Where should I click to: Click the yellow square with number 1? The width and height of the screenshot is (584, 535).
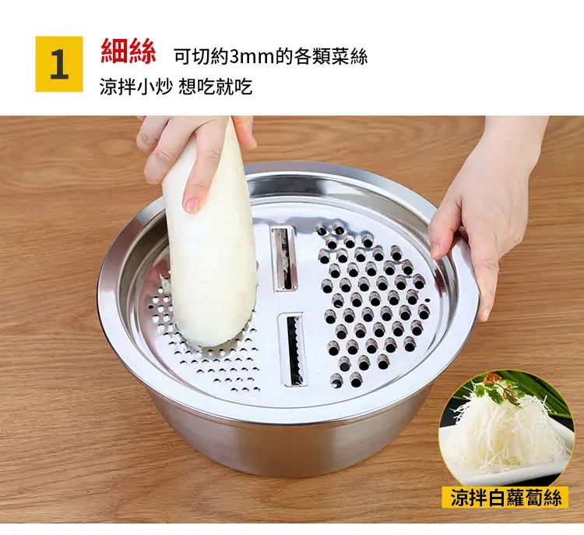59,64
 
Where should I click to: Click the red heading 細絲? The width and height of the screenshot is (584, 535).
128,51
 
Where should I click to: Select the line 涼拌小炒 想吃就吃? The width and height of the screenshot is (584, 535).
175,87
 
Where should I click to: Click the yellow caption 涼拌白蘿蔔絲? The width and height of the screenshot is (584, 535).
505,498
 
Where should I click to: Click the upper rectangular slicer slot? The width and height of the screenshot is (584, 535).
283,259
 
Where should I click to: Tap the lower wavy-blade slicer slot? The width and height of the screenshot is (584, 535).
292,349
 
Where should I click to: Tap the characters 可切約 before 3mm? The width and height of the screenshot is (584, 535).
202,57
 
